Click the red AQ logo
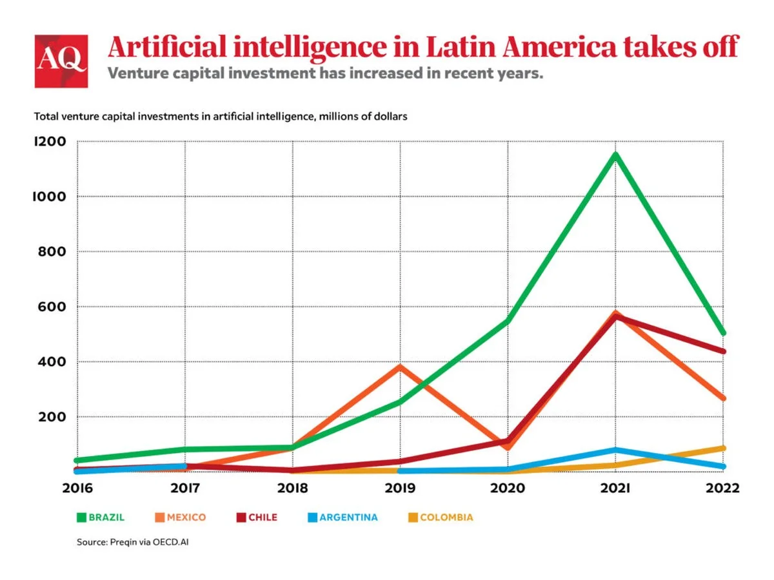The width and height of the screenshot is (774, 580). click(x=61, y=61)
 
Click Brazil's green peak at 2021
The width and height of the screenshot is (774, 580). click(x=616, y=155)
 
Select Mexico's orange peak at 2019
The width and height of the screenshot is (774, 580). click(x=401, y=367)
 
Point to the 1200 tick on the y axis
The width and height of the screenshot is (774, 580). click(x=49, y=142)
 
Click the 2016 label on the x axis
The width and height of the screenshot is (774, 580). click(x=77, y=488)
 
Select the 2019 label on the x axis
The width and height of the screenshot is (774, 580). click(x=401, y=488)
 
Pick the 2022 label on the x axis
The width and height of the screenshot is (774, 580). click(x=723, y=488)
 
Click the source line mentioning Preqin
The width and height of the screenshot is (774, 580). click(x=133, y=543)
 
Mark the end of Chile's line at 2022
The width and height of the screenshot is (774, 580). click(x=723, y=351)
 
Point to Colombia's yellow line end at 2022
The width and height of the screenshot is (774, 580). click(x=723, y=448)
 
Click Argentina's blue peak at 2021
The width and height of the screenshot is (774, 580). click(x=616, y=450)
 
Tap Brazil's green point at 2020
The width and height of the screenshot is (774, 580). click(x=508, y=320)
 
